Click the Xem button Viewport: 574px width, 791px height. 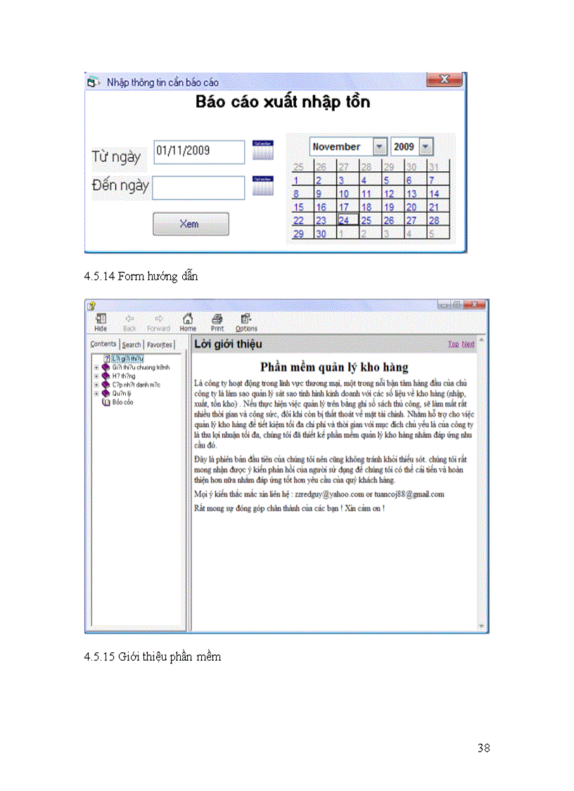click(x=191, y=224)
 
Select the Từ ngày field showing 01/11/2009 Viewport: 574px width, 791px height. click(x=199, y=151)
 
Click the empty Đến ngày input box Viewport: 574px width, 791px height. click(x=199, y=187)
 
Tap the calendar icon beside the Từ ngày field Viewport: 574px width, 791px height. click(x=262, y=149)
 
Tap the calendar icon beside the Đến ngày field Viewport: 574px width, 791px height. click(x=262, y=185)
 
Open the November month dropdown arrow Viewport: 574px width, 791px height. click(x=380, y=147)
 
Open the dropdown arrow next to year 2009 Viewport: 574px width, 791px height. click(x=426, y=147)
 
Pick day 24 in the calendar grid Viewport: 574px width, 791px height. click(x=344, y=220)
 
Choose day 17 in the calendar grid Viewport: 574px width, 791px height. click(x=344, y=207)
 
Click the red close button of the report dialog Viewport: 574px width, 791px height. click(x=445, y=80)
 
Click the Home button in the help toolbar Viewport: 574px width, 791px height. click(x=188, y=321)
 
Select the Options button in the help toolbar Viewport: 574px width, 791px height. click(x=246, y=321)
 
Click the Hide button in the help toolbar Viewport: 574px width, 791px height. click(x=101, y=321)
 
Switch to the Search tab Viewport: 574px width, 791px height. click(x=132, y=344)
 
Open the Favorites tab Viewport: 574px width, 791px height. click(x=160, y=344)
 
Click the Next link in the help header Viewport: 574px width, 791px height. click(x=468, y=344)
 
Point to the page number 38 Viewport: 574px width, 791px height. click(x=483, y=748)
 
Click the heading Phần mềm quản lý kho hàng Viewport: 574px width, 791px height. click(x=334, y=367)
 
